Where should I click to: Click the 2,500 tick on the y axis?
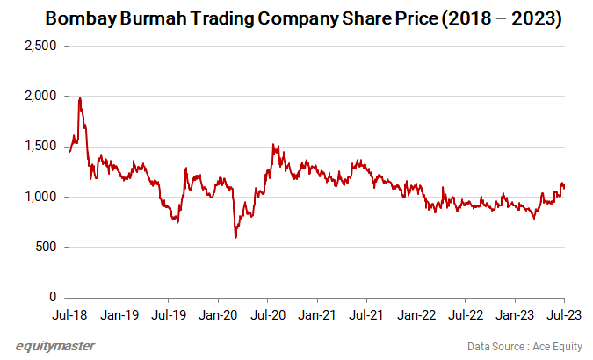pos(40,46)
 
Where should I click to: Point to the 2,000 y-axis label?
pos(40,96)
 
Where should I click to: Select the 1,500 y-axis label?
pos(40,147)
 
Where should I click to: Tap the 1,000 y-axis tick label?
pos(40,197)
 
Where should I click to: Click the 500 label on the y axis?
pos(47,248)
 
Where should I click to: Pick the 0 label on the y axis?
pos(53,298)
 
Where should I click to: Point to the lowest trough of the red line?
pos(235,237)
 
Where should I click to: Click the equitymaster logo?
pos(55,345)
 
